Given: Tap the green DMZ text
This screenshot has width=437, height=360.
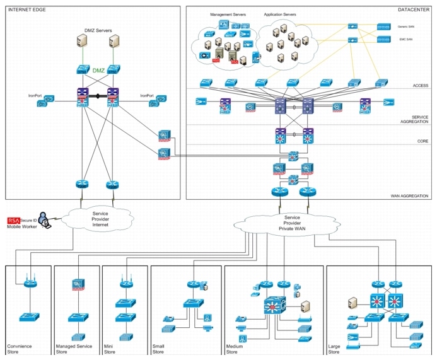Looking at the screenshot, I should pos(99,71).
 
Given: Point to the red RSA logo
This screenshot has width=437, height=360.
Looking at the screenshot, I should pos(13,220).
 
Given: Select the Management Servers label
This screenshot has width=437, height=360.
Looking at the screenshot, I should pos(227,13).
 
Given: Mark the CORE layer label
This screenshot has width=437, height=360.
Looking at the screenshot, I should pos(422,142).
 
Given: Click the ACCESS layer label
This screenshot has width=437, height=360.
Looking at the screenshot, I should pos(421,85).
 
